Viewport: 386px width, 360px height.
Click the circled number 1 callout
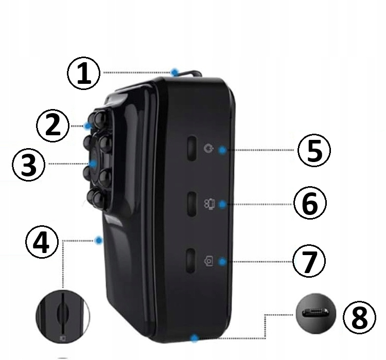(84, 74)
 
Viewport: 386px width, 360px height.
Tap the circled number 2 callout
(52, 125)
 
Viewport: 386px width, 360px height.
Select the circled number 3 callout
(29, 165)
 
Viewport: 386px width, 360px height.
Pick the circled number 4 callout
(42, 242)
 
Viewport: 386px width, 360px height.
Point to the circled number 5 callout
(314, 150)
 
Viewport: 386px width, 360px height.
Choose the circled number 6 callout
(310, 204)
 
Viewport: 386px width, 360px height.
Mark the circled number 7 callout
(309, 261)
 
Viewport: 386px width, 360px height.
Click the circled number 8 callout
(359, 317)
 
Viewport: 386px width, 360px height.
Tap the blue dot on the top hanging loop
(175, 73)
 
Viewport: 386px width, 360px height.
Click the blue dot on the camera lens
(93, 164)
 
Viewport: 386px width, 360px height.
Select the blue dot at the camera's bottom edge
(195, 338)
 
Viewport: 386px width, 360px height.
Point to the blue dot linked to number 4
(99, 240)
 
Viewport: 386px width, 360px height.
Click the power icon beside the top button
(209, 149)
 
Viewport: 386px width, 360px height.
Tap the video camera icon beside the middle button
(209, 204)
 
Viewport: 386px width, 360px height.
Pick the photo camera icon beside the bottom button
(209, 261)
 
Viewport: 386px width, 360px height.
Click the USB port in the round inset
(316, 313)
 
